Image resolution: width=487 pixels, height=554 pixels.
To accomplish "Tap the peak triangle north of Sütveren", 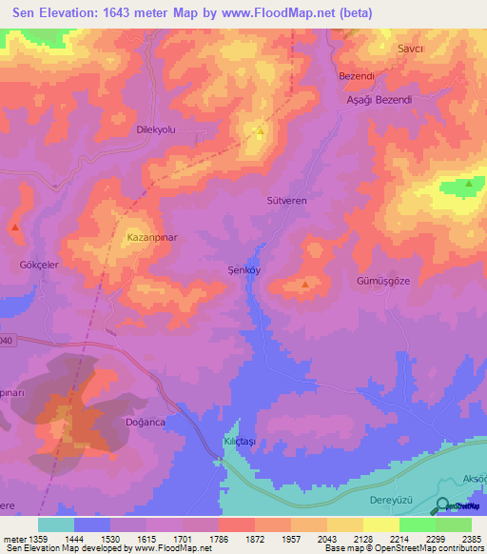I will (259, 129).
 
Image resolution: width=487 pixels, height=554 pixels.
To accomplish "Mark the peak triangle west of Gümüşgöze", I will (304, 284).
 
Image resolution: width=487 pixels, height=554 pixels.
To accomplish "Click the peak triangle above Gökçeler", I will (15, 227).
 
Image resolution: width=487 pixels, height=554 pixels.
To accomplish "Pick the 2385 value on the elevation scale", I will (471, 538).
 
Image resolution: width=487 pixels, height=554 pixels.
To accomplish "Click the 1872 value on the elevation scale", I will (255, 538).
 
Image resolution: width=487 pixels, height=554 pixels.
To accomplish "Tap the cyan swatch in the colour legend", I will (56, 524).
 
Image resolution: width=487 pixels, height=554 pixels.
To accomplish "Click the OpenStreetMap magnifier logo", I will (441, 506).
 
